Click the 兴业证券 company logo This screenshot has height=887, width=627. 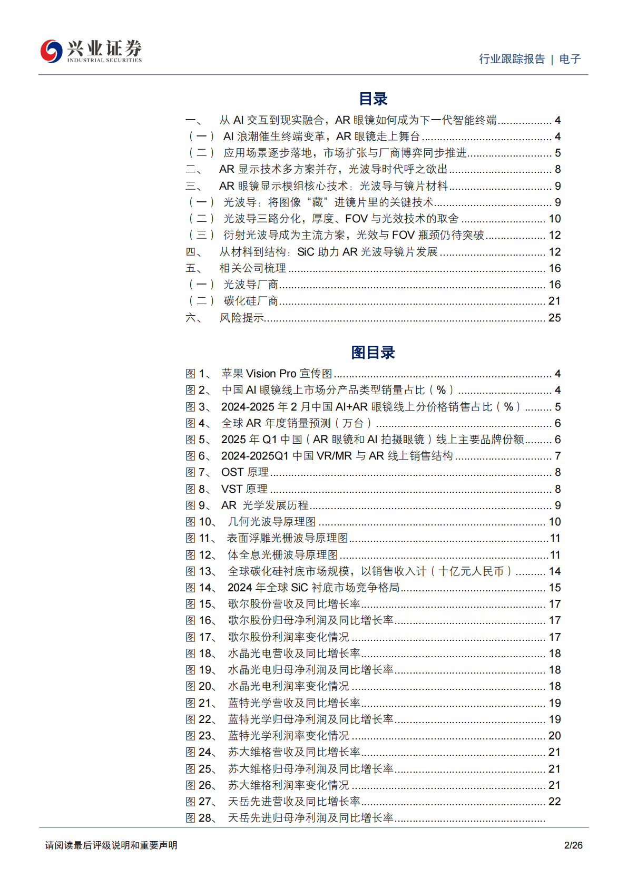coord(91,51)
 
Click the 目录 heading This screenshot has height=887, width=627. coord(373,99)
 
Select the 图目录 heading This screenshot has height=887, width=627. coord(373,353)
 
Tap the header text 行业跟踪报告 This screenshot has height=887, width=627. coord(512,59)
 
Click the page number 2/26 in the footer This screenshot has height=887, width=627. coord(573,845)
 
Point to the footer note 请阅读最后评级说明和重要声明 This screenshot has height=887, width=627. coord(111,845)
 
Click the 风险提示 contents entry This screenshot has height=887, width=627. coord(242,318)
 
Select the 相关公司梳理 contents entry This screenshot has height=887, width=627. coord(253,268)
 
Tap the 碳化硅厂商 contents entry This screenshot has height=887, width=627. coord(251,301)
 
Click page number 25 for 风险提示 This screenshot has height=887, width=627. coord(554,318)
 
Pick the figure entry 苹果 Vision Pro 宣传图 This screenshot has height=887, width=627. coord(277,374)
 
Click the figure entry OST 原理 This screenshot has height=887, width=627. coord(244,472)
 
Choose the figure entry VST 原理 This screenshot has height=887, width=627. coord(244,489)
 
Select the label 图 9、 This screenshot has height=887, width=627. coord(199,505)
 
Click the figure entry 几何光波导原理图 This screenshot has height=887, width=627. coord(272,522)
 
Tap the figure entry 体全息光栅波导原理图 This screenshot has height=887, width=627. coord(283,555)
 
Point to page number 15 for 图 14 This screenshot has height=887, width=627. coord(554,588)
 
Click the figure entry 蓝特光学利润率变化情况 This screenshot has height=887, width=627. coord(288,736)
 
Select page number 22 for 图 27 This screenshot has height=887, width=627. coord(554,802)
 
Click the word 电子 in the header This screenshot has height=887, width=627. coord(570,59)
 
